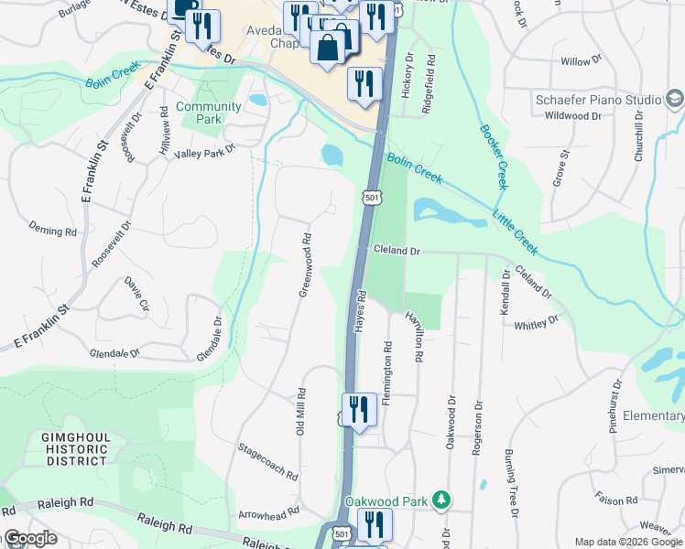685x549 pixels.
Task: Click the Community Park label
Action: (x=209, y=113)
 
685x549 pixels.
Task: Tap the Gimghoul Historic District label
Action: (x=75, y=449)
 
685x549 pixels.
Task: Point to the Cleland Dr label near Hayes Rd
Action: (x=396, y=250)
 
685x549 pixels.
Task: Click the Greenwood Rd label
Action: (x=306, y=264)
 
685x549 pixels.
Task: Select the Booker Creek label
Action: (x=491, y=156)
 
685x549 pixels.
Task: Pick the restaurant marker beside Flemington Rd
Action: (x=358, y=410)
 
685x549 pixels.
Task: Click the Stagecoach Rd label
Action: (x=267, y=462)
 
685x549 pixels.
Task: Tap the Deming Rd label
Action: (x=52, y=230)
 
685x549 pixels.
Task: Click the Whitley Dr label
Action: (x=536, y=324)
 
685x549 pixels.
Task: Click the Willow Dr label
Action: (x=581, y=61)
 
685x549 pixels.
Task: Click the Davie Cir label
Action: (x=137, y=292)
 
